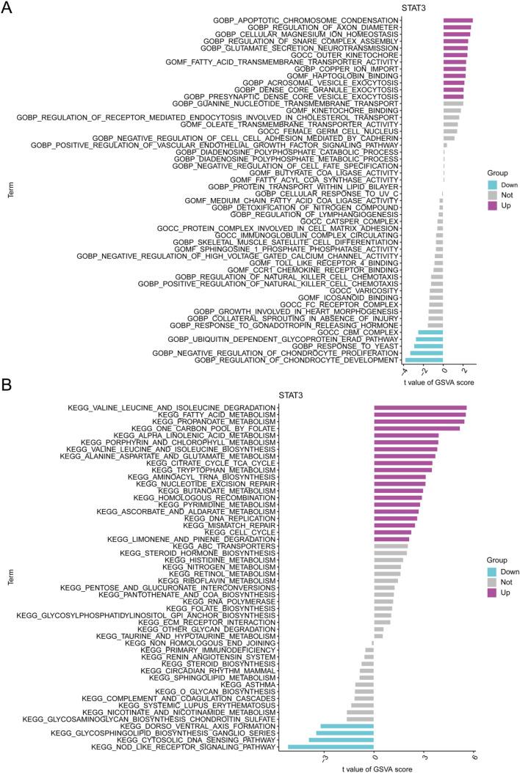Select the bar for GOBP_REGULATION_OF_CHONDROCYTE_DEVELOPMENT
[x=424, y=360]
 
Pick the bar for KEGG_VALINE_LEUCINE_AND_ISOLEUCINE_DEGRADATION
[x=420, y=407]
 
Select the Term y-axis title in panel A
[x=10, y=192]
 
